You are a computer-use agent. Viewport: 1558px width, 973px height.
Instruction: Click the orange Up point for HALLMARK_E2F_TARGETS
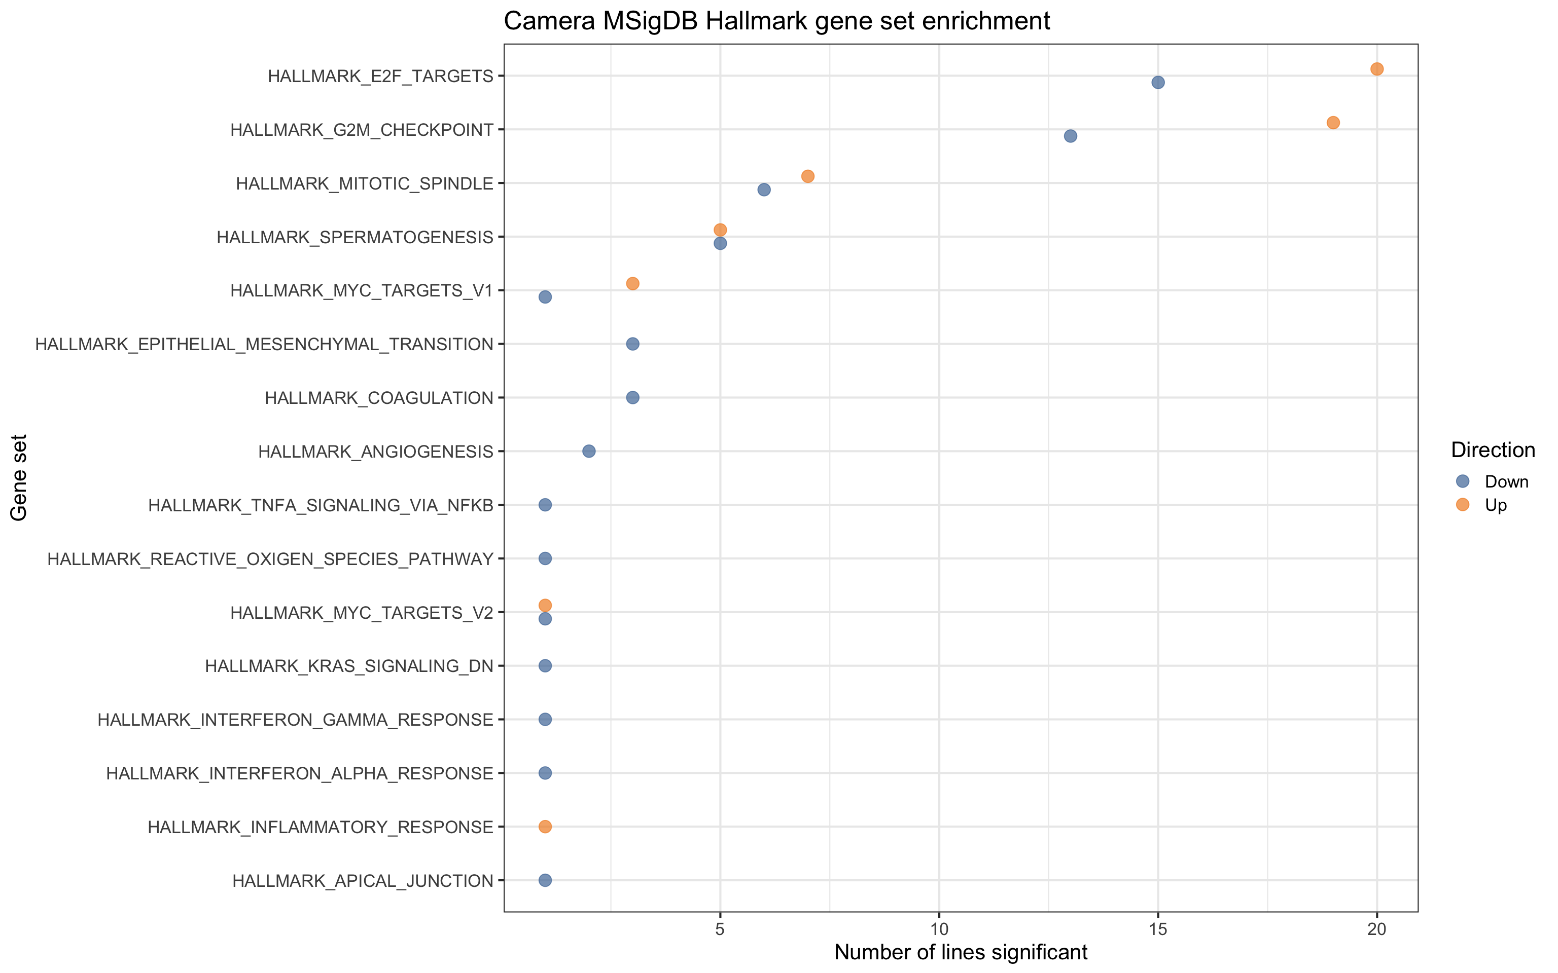coord(1376,69)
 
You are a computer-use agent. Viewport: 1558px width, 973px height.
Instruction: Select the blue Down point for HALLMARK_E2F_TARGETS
coord(1157,83)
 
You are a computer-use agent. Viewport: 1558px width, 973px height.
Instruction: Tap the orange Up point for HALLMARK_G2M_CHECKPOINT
coord(1333,122)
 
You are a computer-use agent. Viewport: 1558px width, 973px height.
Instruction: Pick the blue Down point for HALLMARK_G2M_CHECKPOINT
coord(1070,136)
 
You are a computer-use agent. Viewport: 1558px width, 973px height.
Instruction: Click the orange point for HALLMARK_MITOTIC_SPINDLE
coord(807,176)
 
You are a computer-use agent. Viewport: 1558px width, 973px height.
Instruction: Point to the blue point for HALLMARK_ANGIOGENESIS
coord(588,451)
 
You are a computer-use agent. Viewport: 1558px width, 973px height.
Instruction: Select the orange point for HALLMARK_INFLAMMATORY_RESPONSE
coord(545,826)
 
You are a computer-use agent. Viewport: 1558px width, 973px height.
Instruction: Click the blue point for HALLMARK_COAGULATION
coord(632,398)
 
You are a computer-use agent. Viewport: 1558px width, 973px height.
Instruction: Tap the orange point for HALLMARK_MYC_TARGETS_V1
coord(632,283)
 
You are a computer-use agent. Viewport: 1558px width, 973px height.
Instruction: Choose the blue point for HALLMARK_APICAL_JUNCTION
coord(545,880)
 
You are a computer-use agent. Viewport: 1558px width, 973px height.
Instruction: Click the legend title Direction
coord(1493,450)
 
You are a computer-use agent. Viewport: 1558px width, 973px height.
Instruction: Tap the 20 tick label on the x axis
coord(1376,929)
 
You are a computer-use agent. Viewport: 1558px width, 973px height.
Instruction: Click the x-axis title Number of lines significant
coord(961,952)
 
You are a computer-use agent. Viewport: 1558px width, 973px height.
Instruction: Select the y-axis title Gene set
coord(19,477)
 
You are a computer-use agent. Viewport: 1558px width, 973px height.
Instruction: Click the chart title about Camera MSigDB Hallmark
coord(776,21)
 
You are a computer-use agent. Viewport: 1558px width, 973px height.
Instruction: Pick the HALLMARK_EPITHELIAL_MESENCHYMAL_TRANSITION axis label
coord(264,344)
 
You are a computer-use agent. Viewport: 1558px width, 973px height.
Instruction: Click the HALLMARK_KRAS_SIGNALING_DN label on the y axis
coord(349,665)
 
